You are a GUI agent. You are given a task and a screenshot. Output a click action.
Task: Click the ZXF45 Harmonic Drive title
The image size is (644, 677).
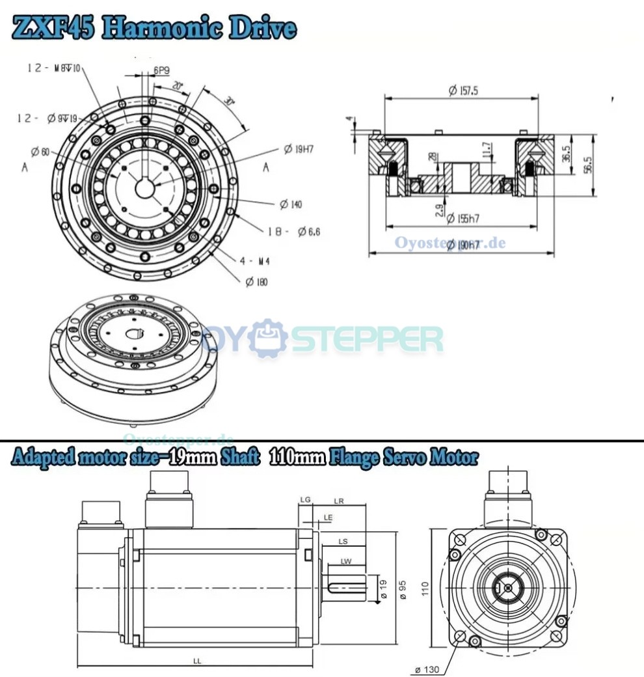coord(155,29)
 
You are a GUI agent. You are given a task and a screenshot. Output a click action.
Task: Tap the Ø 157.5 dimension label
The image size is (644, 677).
coord(463,91)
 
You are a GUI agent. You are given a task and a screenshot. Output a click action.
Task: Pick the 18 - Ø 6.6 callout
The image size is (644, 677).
coord(293,232)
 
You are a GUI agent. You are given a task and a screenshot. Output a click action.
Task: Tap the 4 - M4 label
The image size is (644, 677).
coord(255,261)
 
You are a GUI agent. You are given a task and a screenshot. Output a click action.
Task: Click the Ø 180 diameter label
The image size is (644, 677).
coord(256,282)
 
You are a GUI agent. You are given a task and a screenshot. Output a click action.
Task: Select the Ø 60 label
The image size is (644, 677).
coord(40,152)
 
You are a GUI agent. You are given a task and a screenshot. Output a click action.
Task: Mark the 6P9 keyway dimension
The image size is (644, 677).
coord(163,70)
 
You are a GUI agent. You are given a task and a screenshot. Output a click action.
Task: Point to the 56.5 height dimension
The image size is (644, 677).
coord(587,165)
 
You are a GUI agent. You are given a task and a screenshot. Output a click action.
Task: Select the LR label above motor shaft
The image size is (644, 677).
coord(339,501)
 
